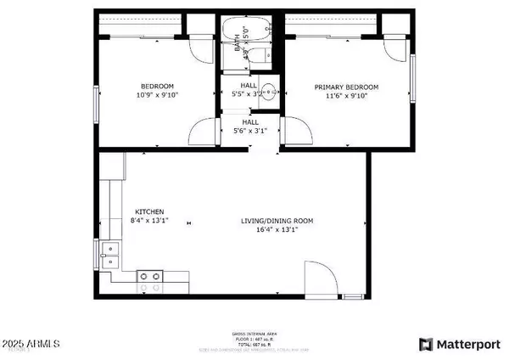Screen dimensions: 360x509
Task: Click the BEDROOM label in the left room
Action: pyautogui.click(x=158, y=87)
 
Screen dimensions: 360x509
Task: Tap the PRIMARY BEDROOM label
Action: pyautogui.click(x=346, y=87)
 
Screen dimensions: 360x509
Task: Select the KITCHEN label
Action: pyautogui.click(x=149, y=211)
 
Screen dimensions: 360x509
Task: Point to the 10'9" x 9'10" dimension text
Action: pyautogui.click(x=158, y=95)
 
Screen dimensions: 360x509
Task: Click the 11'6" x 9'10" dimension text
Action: pyautogui.click(x=346, y=96)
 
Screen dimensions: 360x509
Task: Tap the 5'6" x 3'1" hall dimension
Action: pyautogui.click(x=249, y=130)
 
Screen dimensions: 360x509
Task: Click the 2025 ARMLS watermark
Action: pyautogui.click(x=32, y=344)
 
